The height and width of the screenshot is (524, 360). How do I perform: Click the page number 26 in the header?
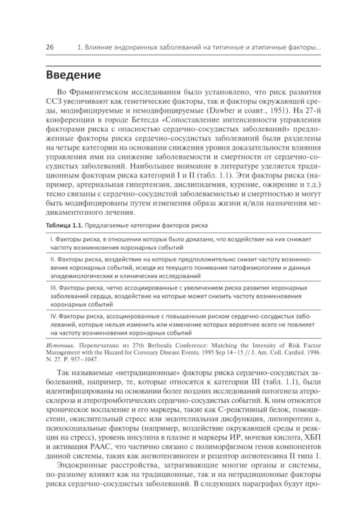[x=50, y=48]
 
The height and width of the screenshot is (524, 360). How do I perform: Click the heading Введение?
[x=73, y=75]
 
